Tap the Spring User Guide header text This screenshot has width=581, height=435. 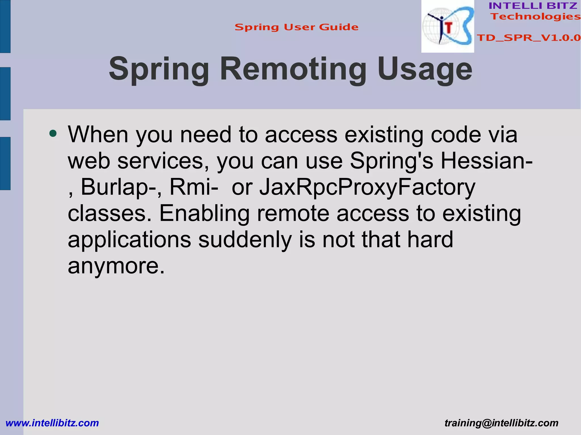click(x=296, y=27)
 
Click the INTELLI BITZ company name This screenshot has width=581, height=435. click(x=533, y=6)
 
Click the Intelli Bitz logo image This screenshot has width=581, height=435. click(x=447, y=26)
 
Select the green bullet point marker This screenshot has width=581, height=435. click(x=53, y=133)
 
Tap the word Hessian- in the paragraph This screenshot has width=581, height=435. click(x=486, y=161)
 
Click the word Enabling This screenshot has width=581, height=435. click(x=204, y=213)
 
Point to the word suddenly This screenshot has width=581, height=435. click(x=245, y=240)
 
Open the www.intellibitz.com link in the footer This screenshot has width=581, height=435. click(x=52, y=423)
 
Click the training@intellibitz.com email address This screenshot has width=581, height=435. click(x=501, y=423)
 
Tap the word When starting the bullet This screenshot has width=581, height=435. click(x=98, y=134)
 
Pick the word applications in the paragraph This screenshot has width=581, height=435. click(x=129, y=240)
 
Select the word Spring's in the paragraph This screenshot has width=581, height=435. click(x=391, y=161)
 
